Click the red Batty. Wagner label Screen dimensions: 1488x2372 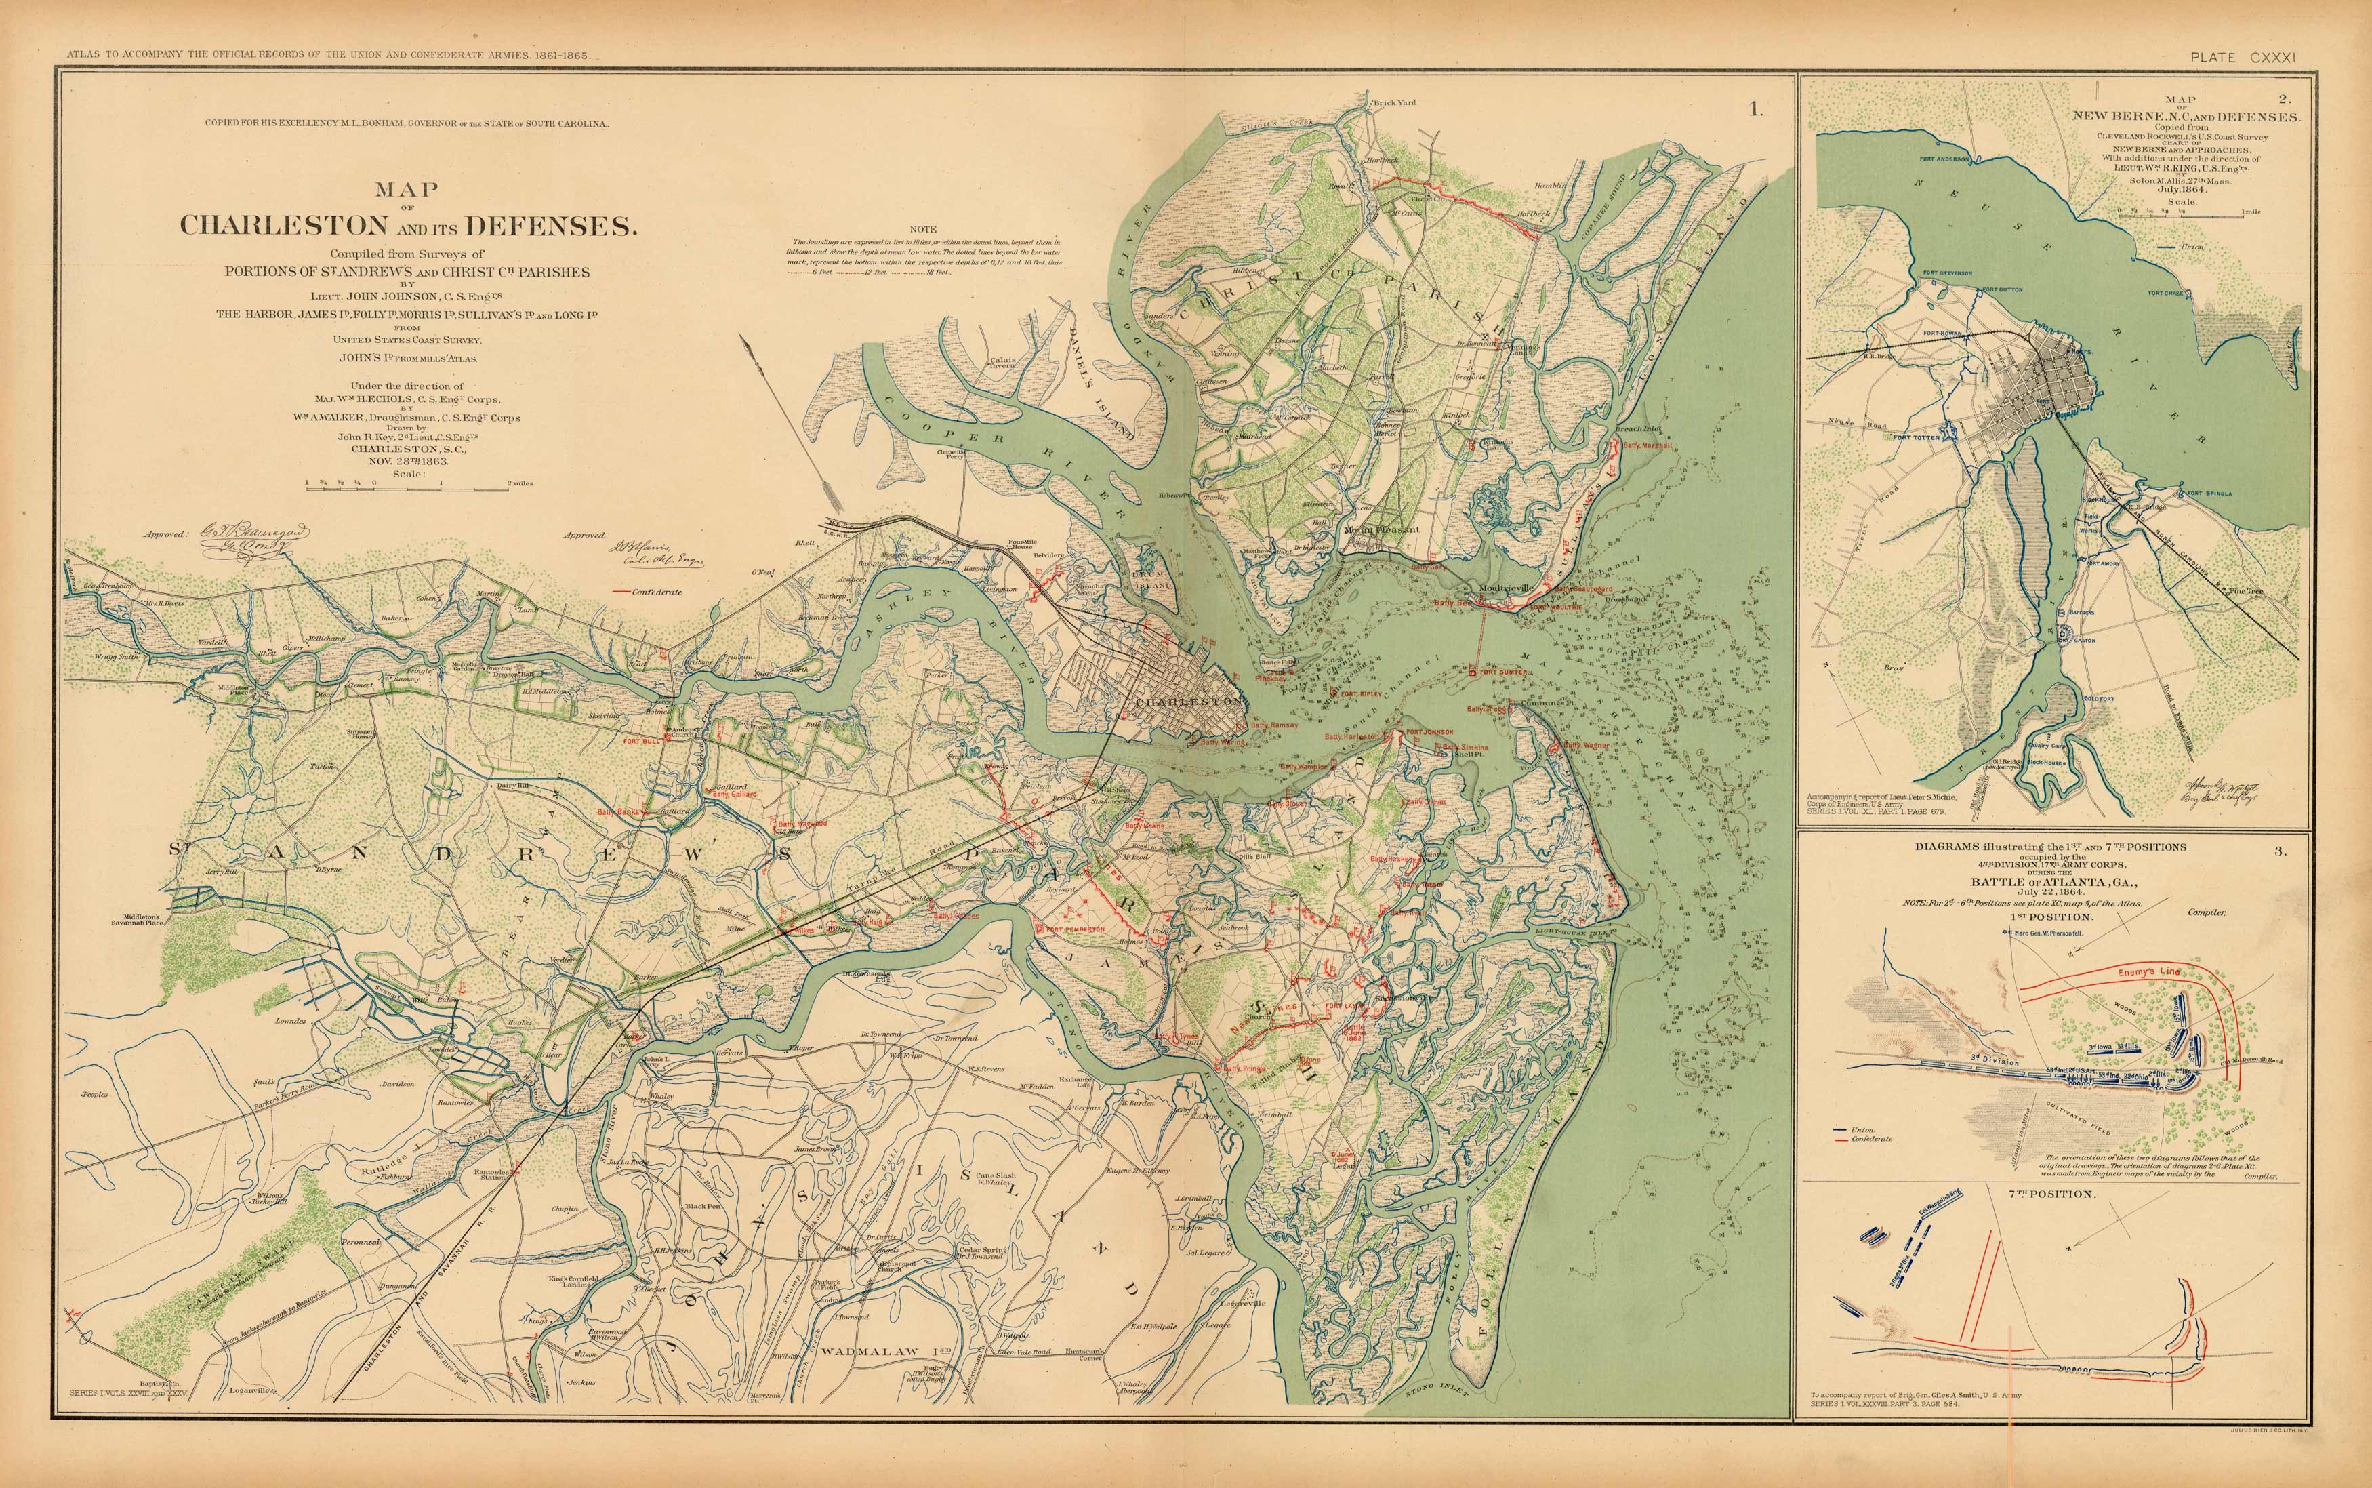1586,746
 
